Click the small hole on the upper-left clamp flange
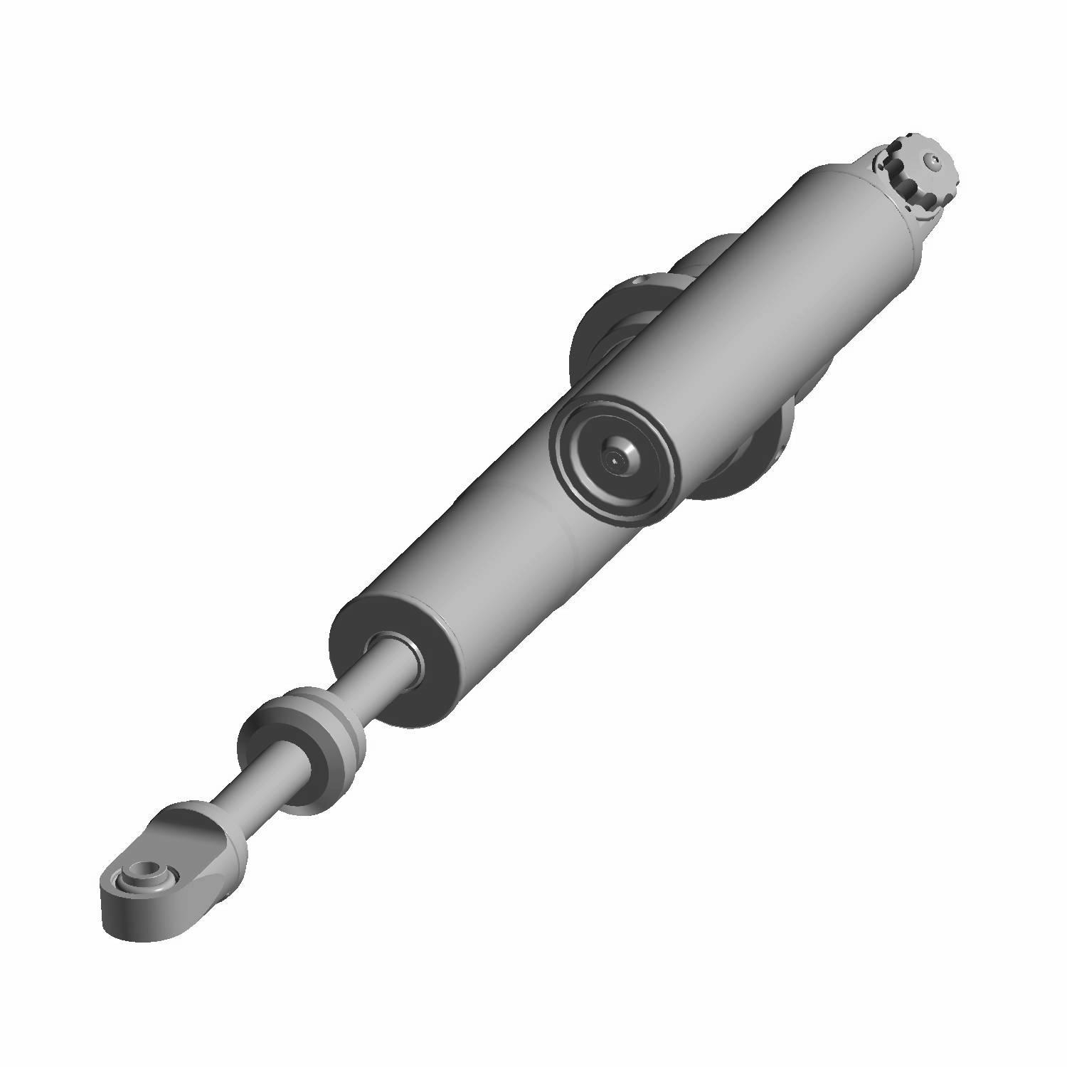coord(637,282)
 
